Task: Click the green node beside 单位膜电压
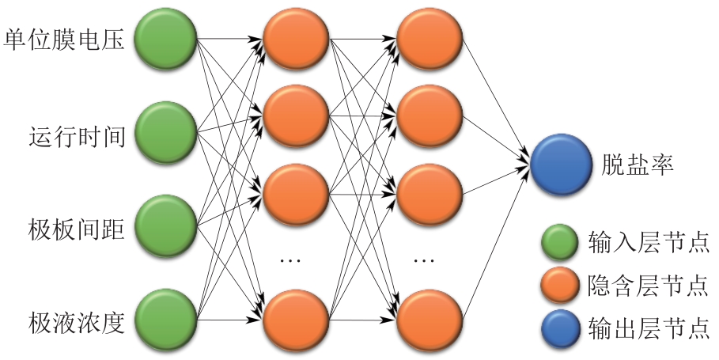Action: tap(165, 39)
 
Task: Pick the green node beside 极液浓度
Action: tap(165, 320)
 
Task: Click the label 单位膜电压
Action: tap(65, 40)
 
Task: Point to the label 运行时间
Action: tap(77, 135)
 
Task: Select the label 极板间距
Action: tap(77, 229)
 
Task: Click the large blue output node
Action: tap(560, 165)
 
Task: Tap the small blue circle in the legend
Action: tap(558, 327)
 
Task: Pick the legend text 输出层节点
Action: tap(648, 327)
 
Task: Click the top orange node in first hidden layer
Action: tap(296, 39)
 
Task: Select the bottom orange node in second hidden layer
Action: tap(429, 320)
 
